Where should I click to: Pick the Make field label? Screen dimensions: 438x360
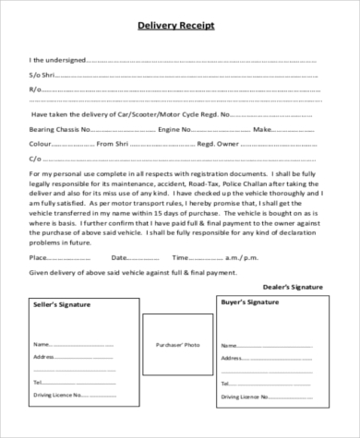click(x=260, y=129)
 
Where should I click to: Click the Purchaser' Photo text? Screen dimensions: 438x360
click(x=178, y=344)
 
